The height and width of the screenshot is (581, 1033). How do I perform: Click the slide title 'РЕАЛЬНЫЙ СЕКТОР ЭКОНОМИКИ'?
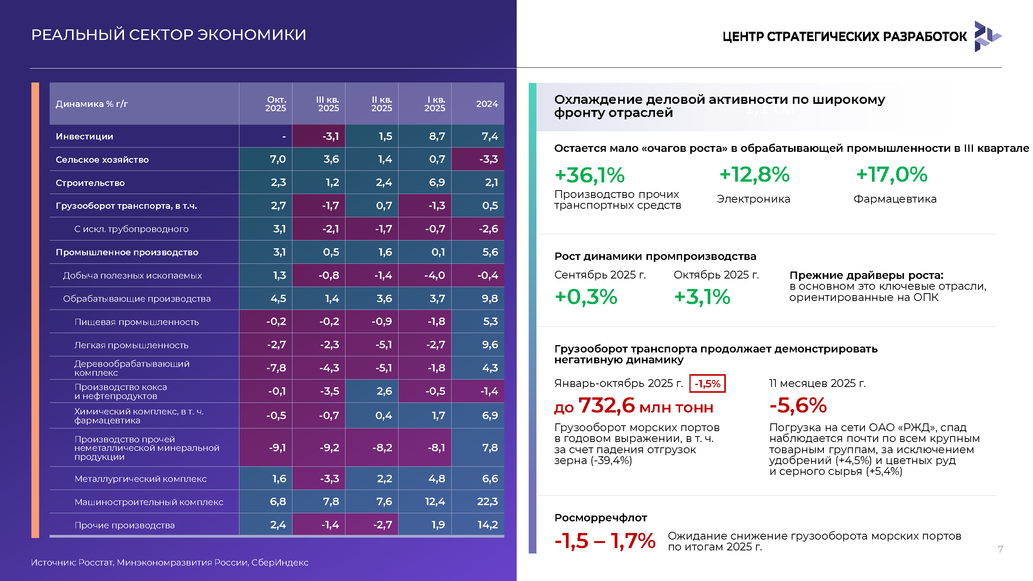pyautogui.click(x=168, y=35)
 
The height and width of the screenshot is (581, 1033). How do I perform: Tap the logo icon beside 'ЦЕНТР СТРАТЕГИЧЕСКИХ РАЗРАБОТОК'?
pyautogui.click(x=988, y=36)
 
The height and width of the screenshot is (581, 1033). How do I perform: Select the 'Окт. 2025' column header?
pyautogui.click(x=276, y=104)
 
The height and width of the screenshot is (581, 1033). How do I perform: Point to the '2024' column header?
pyautogui.click(x=487, y=104)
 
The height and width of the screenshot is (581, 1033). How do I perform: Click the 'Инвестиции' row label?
pyautogui.click(x=84, y=136)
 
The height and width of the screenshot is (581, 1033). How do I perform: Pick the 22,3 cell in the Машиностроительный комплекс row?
pyautogui.click(x=487, y=502)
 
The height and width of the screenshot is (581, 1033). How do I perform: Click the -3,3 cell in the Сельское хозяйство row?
pyautogui.click(x=488, y=159)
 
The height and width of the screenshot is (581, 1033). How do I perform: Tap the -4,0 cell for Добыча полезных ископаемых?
pyautogui.click(x=435, y=275)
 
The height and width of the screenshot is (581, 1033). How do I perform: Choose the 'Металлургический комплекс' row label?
pyautogui.click(x=140, y=479)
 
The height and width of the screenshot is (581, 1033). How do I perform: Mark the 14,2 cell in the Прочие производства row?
pyautogui.click(x=488, y=525)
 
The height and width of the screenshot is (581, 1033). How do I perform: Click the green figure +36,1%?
pyautogui.click(x=590, y=175)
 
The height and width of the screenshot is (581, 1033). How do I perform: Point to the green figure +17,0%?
pyautogui.click(x=892, y=174)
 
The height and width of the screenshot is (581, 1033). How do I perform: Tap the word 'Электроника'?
pyautogui.click(x=753, y=199)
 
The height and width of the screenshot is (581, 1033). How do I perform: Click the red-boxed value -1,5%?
pyautogui.click(x=707, y=383)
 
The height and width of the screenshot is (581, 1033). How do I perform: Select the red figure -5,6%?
pyautogui.click(x=798, y=405)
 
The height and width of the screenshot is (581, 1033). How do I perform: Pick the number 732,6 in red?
pyautogui.click(x=607, y=406)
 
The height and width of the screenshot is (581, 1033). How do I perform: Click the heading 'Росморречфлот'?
pyautogui.click(x=601, y=517)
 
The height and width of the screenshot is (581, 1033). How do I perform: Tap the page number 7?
pyautogui.click(x=1000, y=549)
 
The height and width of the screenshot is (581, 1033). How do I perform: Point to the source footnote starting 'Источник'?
pyautogui.click(x=170, y=562)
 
